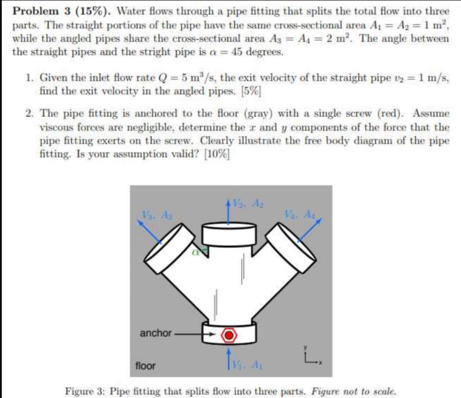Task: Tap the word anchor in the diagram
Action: point(155,333)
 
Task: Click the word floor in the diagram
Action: point(145,366)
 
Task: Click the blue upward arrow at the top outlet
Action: point(229,210)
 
